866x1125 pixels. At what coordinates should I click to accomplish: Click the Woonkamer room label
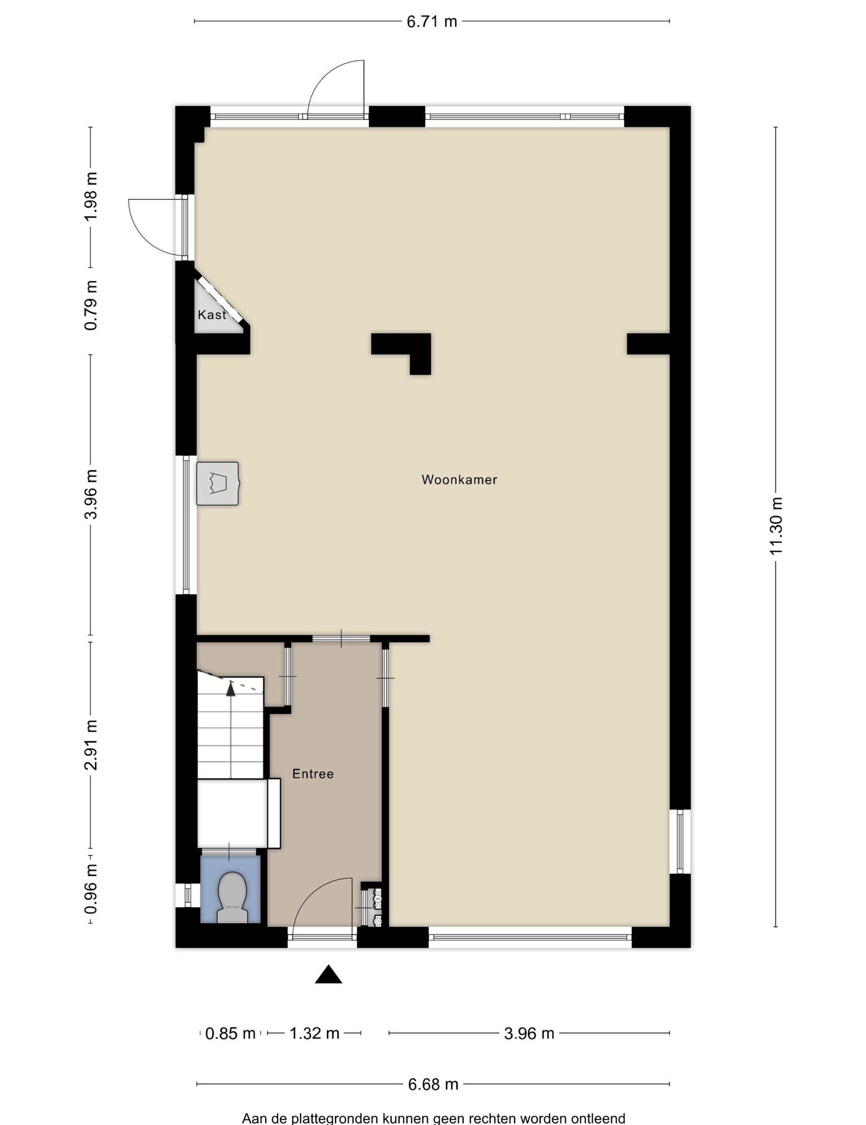coord(459,480)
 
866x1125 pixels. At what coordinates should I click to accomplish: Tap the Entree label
coord(313,774)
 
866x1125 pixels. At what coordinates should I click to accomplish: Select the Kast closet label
coord(212,315)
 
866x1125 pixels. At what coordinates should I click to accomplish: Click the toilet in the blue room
coord(232,897)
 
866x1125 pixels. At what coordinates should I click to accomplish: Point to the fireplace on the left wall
coord(218,483)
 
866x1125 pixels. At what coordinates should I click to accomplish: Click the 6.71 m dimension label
coord(432,21)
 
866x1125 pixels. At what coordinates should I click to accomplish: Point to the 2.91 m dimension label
coord(91,745)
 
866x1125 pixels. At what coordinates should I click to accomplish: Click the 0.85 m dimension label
coord(230,1033)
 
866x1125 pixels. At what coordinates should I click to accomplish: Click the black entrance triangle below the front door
coord(329,974)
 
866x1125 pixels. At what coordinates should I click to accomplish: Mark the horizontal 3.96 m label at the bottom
coord(529,1033)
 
